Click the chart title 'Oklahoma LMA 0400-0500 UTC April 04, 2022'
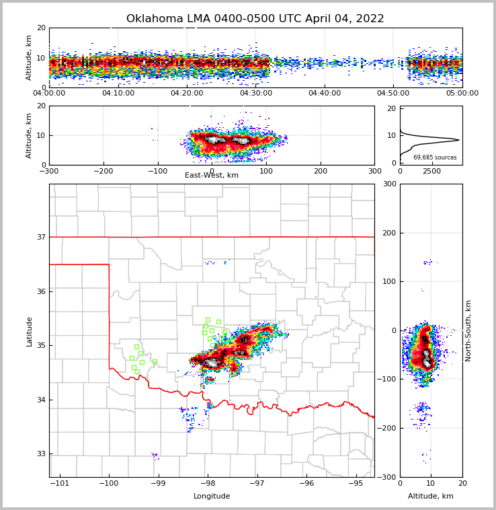tap(255, 19)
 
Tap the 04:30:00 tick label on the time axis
tap(255, 94)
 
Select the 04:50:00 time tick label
tap(393, 94)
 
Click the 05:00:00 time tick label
tap(462, 94)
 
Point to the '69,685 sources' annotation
tap(435, 157)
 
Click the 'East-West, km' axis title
tap(211, 176)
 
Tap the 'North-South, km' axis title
tap(468, 330)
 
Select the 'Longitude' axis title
tap(211, 497)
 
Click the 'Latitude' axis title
tap(29, 331)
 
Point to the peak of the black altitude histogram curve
tap(459, 140)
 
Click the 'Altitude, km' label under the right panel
tap(430, 497)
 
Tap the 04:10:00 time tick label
tap(118, 94)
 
